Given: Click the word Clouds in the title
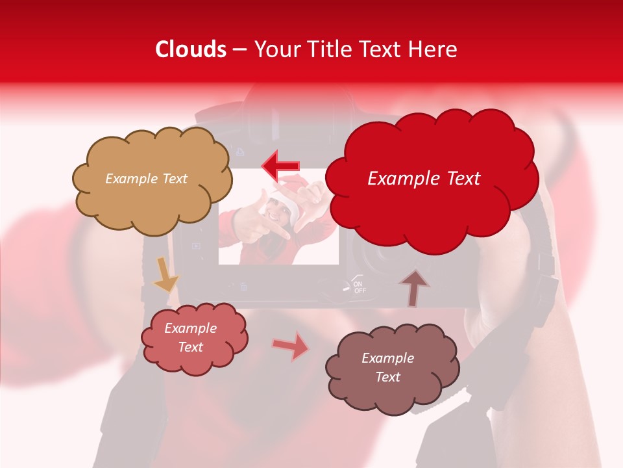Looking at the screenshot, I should point(191,49).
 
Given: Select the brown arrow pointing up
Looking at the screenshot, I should point(413,286).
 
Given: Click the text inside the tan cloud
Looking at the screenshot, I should point(146,179).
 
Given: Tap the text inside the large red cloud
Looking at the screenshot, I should point(424,179).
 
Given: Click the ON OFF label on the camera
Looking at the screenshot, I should point(359,287).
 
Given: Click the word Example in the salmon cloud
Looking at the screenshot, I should point(190,328).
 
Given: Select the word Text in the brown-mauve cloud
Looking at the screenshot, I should point(387,377).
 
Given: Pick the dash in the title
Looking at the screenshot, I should point(239,50).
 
